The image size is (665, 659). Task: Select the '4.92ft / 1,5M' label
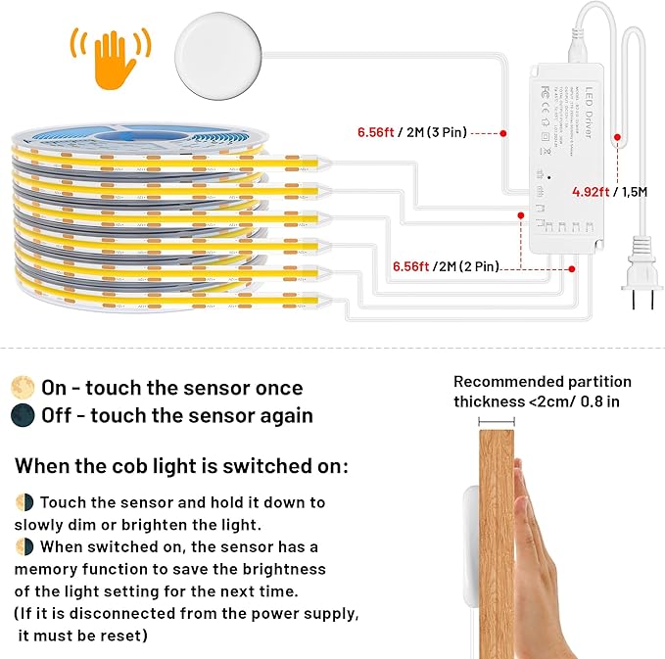point(610,192)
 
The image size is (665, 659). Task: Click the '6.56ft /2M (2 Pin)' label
point(446,265)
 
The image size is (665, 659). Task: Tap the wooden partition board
point(496,548)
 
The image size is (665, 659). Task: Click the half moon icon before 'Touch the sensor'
point(25,503)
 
